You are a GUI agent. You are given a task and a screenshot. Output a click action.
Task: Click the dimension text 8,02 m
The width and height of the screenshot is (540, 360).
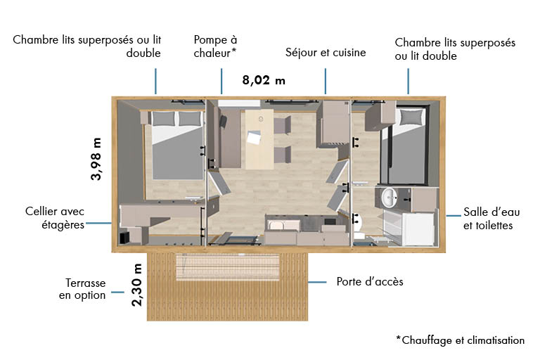264,79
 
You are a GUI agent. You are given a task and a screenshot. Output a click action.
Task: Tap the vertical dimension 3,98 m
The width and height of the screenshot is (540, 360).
96,159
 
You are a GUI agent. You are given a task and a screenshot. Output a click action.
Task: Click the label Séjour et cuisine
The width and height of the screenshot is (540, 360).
326,53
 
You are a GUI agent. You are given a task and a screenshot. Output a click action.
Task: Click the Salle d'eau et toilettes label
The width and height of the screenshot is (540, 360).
488,219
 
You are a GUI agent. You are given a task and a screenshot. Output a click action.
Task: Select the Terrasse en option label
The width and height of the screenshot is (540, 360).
82,289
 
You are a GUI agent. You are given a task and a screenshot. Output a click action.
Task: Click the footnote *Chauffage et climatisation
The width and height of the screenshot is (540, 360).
460,340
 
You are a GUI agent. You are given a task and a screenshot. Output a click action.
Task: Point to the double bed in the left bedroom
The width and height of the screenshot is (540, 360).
174,145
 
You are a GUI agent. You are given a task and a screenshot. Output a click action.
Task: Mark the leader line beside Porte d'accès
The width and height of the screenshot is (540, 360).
318,282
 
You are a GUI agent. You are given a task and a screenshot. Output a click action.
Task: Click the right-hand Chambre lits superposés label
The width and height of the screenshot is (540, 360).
455,49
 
